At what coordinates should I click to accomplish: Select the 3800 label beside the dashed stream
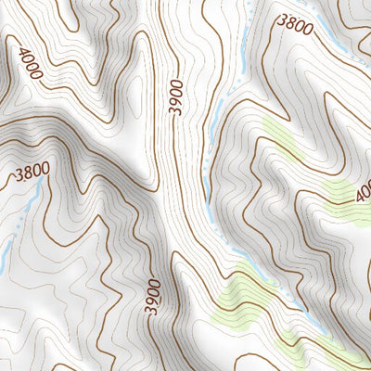pos(296,26)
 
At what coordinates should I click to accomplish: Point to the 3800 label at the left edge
pos(32,173)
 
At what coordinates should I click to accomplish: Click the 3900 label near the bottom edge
pos(153,297)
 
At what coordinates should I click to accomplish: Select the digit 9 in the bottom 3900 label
pos(153,301)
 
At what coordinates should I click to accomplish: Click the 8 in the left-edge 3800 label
pos(27,173)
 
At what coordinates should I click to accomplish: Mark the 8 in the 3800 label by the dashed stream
pos(290,23)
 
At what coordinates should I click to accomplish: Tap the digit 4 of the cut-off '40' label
pos(360,195)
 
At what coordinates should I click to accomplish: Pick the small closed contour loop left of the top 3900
pos(138,88)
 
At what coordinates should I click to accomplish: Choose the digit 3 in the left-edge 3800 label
pos(19,175)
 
